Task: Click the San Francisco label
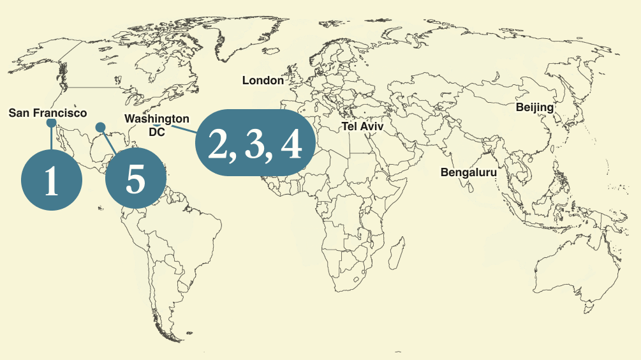click(x=48, y=113)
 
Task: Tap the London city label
click(x=263, y=80)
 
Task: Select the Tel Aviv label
click(x=363, y=126)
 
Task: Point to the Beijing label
click(x=534, y=107)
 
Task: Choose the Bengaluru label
click(x=469, y=172)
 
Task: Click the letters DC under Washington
click(x=157, y=131)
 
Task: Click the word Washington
click(x=157, y=119)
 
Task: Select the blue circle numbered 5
click(x=135, y=179)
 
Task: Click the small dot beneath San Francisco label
click(x=52, y=123)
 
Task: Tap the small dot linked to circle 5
click(x=100, y=127)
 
